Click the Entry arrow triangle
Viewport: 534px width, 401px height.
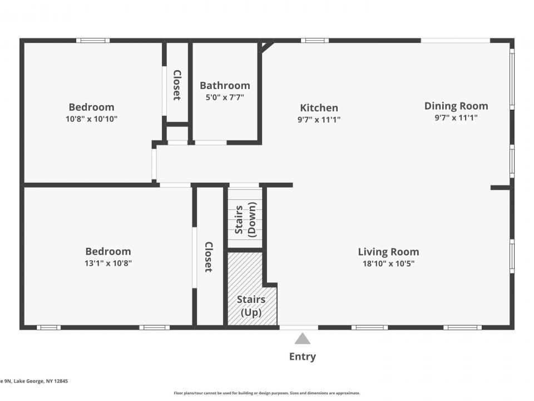(302, 339)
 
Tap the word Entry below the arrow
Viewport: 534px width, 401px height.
(302, 356)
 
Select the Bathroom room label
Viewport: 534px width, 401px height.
(225, 85)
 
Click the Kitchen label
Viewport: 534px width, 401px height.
(319, 107)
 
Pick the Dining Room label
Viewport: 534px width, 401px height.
(456, 106)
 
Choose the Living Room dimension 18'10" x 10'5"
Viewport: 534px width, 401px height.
(388, 263)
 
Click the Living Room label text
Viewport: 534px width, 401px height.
(388, 252)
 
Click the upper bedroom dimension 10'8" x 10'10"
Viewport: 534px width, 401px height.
(92, 119)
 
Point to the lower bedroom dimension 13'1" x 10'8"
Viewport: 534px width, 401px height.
(108, 263)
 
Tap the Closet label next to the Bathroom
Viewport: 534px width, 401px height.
(177, 85)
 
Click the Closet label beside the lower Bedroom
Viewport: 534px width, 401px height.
(209, 257)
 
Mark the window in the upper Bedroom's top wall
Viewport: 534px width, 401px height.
(93, 41)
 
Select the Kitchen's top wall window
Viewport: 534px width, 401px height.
(315, 41)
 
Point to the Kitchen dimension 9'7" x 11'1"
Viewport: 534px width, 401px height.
(319, 119)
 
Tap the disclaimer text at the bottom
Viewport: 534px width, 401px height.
(267, 393)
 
